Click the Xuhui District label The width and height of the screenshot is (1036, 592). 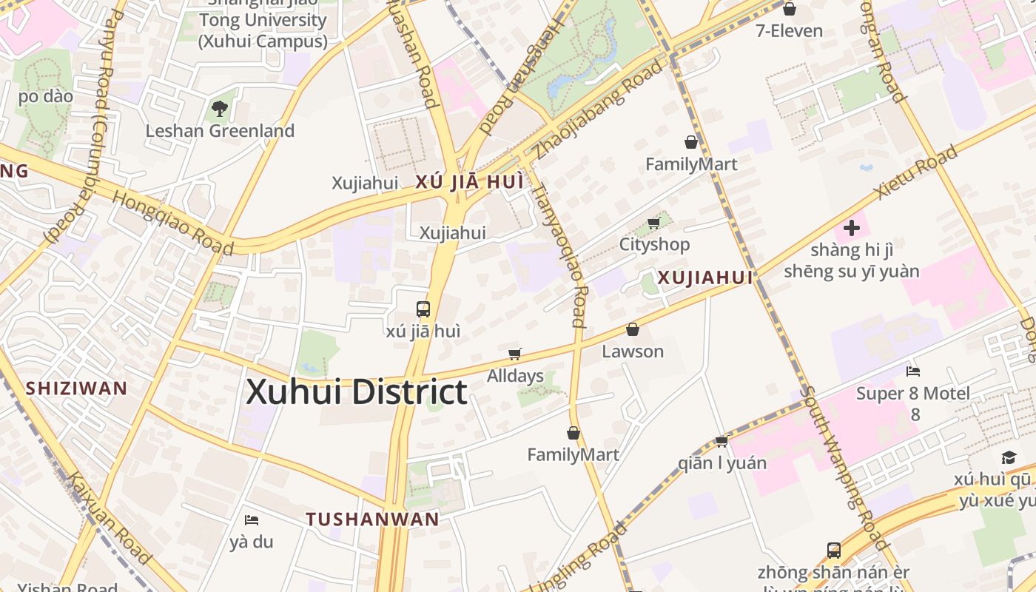click(356, 391)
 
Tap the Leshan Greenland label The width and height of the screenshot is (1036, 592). click(220, 131)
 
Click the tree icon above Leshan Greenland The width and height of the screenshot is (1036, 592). click(220, 110)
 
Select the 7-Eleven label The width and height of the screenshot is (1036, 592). click(789, 30)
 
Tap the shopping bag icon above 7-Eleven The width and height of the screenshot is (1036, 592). click(790, 9)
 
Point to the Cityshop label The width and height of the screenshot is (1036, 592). click(654, 244)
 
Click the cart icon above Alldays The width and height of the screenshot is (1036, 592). click(515, 354)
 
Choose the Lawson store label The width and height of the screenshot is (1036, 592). click(633, 351)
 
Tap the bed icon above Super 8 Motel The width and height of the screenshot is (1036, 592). click(913, 371)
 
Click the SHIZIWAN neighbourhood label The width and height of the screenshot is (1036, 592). click(77, 388)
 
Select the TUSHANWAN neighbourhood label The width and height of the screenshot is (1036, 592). click(373, 519)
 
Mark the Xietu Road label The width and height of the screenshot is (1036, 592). click(915, 172)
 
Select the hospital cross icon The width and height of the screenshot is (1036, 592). click(852, 228)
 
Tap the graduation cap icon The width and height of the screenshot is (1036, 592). click(1009, 457)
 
